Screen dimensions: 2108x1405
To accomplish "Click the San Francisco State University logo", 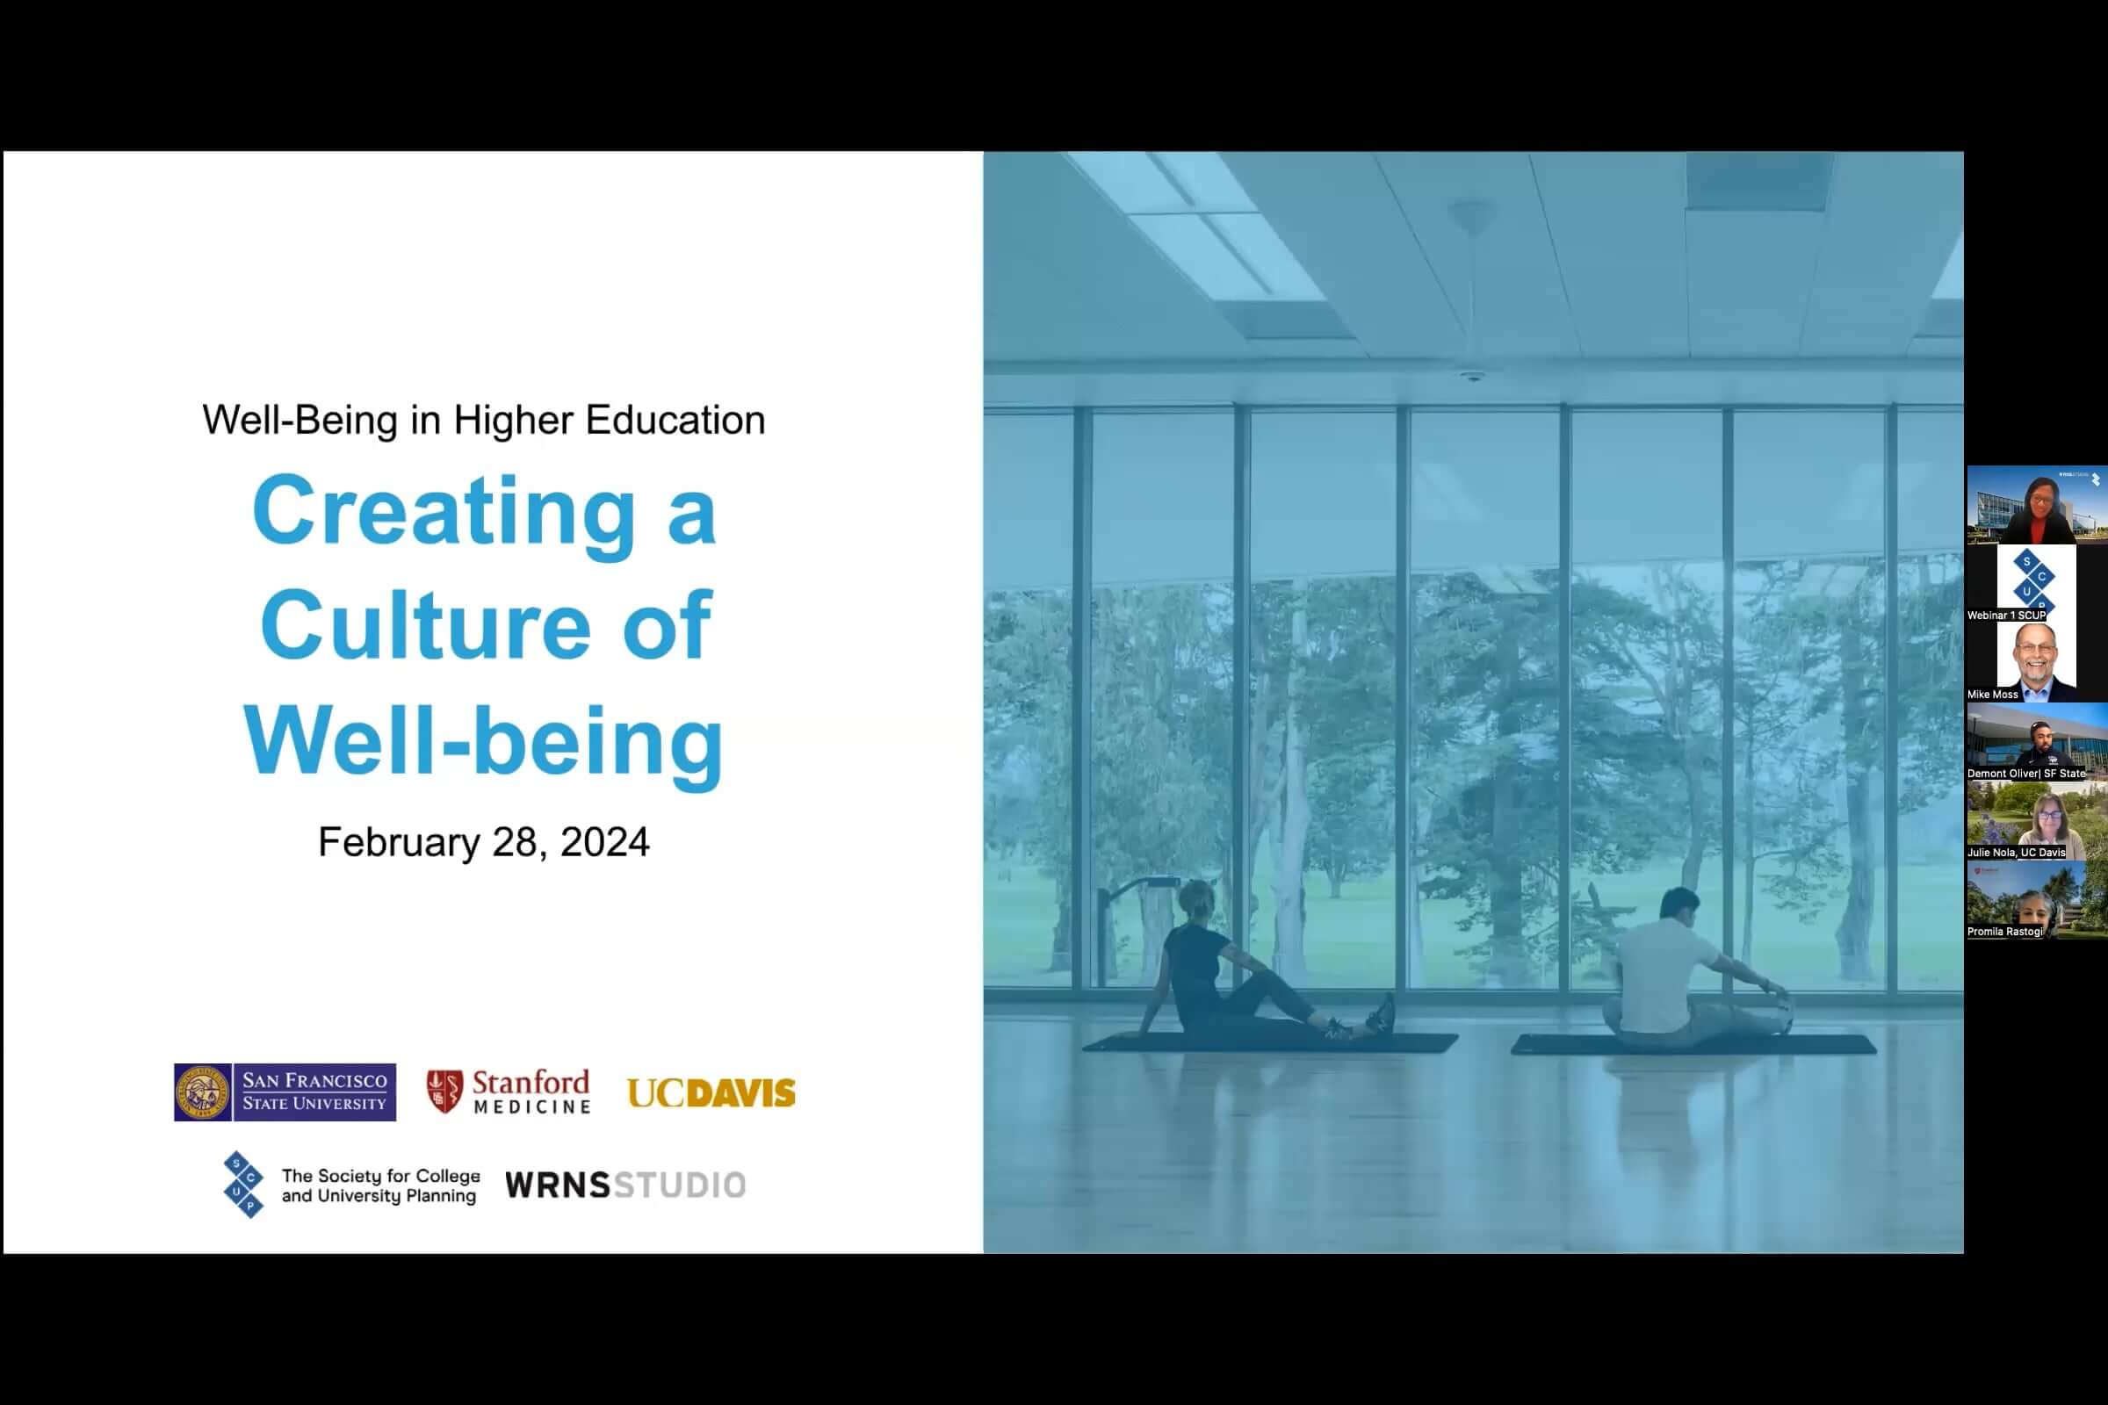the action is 285,1092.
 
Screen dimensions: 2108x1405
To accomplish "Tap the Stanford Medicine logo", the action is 509,1092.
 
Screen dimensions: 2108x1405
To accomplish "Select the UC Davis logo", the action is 711,1093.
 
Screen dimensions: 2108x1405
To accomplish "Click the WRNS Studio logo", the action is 625,1185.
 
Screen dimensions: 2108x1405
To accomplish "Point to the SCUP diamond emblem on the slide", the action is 243,1185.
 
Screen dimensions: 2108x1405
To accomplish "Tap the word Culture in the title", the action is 426,624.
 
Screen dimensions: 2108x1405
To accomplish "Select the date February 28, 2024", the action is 484,842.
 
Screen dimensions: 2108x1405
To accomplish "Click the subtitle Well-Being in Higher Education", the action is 484,421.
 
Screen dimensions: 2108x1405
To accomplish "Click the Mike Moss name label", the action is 1992,695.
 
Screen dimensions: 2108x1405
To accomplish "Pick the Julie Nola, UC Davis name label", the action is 2016,852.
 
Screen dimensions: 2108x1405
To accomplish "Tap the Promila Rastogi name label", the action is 2005,932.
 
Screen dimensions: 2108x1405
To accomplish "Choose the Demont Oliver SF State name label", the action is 2026,774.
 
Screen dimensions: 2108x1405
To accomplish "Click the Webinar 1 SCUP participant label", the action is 2007,616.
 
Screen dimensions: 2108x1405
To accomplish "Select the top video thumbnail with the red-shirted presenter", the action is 2037,504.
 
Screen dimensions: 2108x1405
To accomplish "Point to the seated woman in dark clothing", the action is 1255,963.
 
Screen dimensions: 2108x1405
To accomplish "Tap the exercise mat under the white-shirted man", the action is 1693,1044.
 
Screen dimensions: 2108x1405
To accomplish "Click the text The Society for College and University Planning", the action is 380,1185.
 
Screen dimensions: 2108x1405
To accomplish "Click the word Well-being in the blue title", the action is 484,742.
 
